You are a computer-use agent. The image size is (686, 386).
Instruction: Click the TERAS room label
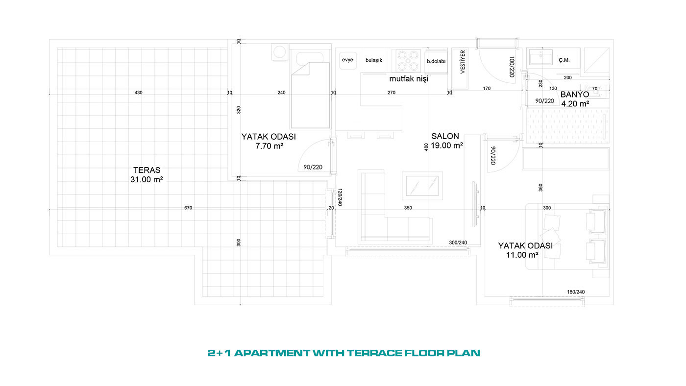[147, 170]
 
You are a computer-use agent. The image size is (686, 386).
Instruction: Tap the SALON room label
[445, 136]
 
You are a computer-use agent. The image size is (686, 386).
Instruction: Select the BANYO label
[575, 95]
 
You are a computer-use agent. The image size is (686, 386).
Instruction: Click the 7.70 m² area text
[269, 146]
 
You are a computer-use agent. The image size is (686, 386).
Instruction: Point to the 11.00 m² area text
[522, 255]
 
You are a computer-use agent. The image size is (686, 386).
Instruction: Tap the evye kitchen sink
[347, 61]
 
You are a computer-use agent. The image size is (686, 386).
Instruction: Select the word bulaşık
[374, 60]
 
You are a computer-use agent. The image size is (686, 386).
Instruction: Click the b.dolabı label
[436, 61]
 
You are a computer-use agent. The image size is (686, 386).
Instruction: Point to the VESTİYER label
[463, 62]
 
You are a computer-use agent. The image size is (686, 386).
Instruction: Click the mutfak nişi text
[409, 79]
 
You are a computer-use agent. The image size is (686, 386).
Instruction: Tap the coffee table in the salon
[422, 186]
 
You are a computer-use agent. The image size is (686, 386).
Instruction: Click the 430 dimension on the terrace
[138, 93]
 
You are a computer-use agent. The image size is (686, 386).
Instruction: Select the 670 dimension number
[188, 208]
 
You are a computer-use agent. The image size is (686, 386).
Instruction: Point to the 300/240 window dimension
[458, 243]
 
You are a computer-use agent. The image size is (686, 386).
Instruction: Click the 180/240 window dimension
[576, 292]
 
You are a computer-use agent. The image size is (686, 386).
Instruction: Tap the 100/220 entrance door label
[512, 67]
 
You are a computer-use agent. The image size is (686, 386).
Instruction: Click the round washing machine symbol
[280, 52]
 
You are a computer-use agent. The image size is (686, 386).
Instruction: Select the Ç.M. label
[564, 60]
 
